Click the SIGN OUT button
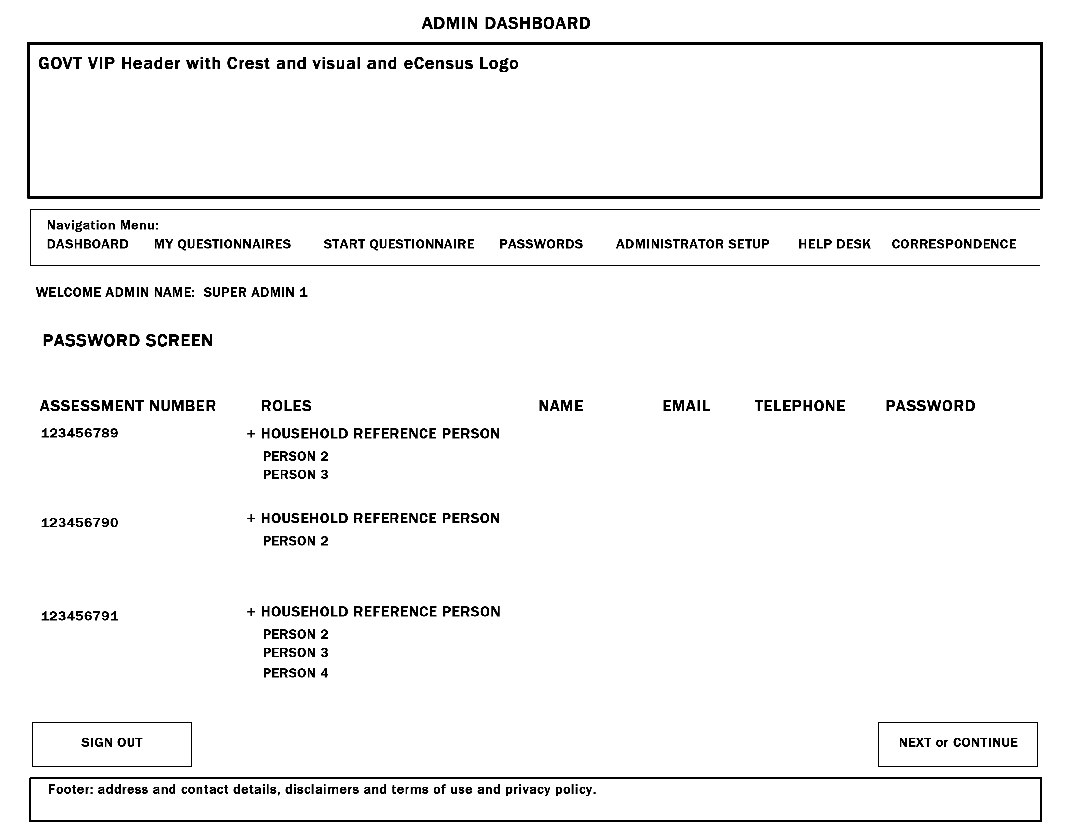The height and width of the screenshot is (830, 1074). point(112,743)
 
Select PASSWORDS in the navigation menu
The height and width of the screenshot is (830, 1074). point(541,244)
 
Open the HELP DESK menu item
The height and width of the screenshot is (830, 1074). point(834,244)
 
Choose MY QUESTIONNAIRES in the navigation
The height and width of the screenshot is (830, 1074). point(222,244)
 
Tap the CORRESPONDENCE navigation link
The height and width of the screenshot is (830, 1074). point(954,244)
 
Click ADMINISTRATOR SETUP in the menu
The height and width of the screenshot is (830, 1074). point(692,244)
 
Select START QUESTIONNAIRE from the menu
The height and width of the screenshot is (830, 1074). point(399,244)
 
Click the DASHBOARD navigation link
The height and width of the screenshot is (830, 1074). point(88,244)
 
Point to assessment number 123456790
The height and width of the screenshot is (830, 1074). point(80,523)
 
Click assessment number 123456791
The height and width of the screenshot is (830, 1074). point(80,616)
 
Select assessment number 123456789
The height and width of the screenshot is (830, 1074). point(80,433)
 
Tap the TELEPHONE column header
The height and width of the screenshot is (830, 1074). point(800,406)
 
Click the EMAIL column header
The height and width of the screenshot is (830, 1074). point(686,406)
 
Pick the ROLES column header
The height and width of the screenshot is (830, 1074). point(286,406)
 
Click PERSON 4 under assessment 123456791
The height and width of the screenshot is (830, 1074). point(295,673)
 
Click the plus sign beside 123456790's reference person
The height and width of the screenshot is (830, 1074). point(251,518)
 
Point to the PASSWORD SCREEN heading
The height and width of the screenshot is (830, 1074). point(127,341)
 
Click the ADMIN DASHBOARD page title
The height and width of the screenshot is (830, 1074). point(506,23)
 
